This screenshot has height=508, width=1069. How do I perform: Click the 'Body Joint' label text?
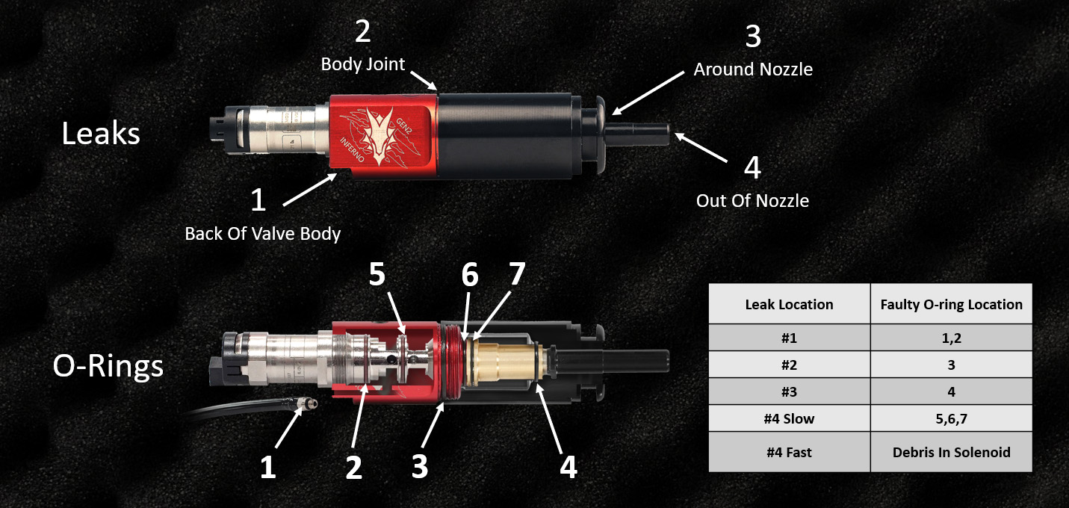point(362,64)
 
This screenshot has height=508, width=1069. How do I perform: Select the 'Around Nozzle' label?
point(752,69)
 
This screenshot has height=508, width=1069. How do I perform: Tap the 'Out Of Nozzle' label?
point(752,200)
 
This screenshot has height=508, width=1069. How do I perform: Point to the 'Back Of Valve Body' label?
point(262,234)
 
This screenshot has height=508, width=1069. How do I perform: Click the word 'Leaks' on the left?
point(100,134)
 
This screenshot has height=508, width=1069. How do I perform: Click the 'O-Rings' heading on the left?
point(108,366)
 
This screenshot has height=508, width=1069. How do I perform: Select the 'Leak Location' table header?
point(789,304)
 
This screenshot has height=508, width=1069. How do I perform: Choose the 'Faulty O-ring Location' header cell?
point(951,304)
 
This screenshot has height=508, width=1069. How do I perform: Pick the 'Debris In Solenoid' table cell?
point(951,453)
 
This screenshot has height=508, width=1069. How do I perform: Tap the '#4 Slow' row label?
point(789,418)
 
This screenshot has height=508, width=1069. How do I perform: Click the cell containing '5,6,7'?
point(951,418)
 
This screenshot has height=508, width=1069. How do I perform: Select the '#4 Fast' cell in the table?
point(789,453)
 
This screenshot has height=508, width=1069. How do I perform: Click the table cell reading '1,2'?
point(951,338)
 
